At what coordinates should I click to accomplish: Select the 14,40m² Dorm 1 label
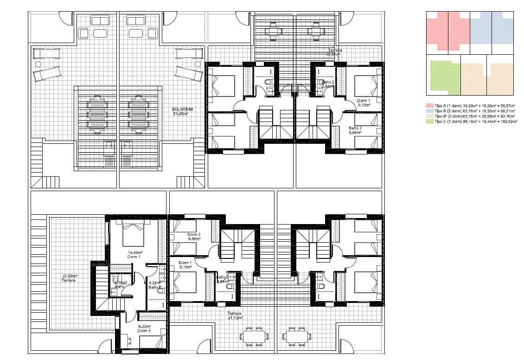tap(134, 255)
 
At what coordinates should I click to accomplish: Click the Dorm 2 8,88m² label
tap(193, 237)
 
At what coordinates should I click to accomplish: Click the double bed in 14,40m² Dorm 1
tap(134, 234)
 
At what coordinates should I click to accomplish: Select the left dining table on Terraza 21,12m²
tap(253, 336)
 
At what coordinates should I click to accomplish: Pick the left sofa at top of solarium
tap(100, 20)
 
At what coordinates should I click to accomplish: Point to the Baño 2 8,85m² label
tap(355, 129)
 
